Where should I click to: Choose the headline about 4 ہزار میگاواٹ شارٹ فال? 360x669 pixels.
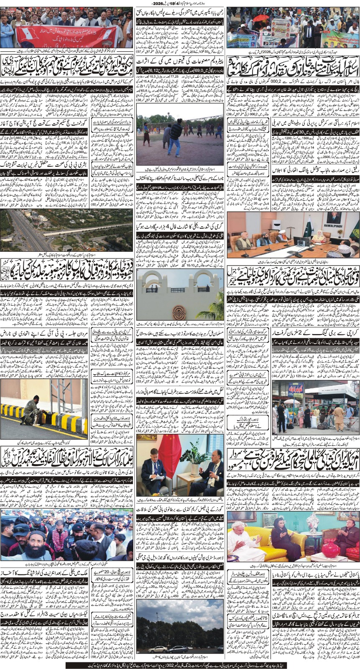(x=180, y=227)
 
